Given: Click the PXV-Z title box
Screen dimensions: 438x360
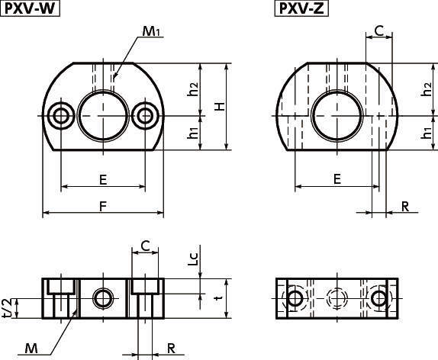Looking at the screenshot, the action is [301, 8].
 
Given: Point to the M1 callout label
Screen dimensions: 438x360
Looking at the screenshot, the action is [151, 31].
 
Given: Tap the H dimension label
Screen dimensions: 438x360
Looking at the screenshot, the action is [220, 107].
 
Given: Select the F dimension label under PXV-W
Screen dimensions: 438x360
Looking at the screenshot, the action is [103, 207].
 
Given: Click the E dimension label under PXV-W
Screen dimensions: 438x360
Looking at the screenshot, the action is [103, 179].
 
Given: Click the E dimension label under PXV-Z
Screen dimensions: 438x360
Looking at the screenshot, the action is [337, 178].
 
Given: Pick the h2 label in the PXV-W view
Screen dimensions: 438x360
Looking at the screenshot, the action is [192, 89].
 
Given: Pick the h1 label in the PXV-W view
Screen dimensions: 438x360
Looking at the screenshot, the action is [192, 132].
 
